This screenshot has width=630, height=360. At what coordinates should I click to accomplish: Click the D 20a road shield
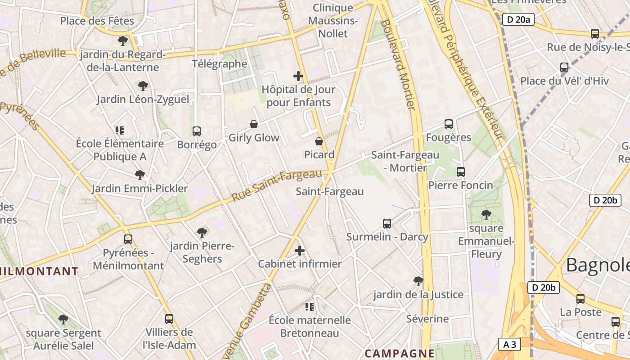click(x=518, y=19)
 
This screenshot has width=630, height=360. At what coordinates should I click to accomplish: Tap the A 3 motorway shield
click(x=510, y=345)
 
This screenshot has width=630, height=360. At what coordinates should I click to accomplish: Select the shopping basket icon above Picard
click(x=319, y=141)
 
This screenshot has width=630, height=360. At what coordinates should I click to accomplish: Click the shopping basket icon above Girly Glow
click(x=254, y=124)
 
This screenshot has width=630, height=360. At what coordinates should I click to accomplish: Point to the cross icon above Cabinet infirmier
click(x=300, y=251)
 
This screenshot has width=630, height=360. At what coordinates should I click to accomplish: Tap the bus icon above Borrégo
click(x=197, y=131)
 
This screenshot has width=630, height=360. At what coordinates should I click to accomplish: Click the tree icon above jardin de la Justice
click(x=418, y=281)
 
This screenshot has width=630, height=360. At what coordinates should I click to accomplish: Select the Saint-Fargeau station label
click(x=329, y=191)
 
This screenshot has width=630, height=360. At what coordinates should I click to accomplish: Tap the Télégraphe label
click(x=220, y=63)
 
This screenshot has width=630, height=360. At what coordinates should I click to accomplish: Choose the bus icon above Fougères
click(x=449, y=124)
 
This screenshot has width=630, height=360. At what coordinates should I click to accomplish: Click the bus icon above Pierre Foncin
click(x=461, y=172)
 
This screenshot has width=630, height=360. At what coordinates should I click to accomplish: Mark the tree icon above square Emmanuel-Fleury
click(x=486, y=214)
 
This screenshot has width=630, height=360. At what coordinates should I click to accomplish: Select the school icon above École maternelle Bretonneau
click(x=310, y=307)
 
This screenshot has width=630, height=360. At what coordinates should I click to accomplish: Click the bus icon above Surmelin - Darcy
click(x=387, y=224)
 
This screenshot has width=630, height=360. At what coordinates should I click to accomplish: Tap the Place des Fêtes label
click(x=97, y=21)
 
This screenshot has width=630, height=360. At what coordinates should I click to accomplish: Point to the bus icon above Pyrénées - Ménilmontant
click(x=128, y=239)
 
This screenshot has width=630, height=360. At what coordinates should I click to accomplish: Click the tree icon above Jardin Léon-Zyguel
click(x=143, y=85)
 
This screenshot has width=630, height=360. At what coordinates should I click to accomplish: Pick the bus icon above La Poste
click(x=580, y=298)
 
